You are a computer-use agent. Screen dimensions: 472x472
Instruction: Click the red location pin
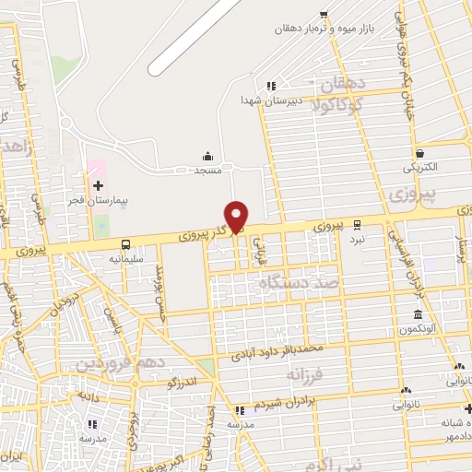[x=237, y=215]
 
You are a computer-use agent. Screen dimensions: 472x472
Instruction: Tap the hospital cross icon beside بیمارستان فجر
[x=99, y=185]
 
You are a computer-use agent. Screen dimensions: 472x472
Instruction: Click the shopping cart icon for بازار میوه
[x=323, y=14]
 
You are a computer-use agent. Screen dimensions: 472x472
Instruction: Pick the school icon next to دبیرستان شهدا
[x=270, y=86]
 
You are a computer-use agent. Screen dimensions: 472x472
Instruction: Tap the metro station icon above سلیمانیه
[x=126, y=244]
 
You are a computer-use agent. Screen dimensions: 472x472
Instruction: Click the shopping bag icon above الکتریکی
[x=420, y=153]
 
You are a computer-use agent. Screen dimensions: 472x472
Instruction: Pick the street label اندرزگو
[x=181, y=381]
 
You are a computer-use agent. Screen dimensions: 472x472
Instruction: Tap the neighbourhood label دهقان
[x=343, y=85]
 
